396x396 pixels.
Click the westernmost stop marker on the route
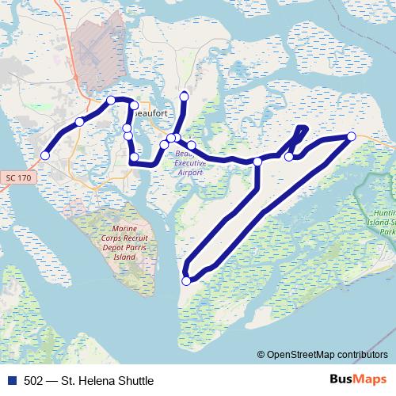pyautogui.click(x=45, y=155)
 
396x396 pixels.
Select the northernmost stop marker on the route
pyautogui.click(x=185, y=97)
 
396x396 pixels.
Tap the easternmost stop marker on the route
pyautogui.click(x=352, y=137)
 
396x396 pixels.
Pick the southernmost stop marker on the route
pyautogui.click(x=187, y=280)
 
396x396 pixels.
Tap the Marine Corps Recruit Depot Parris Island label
pyautogui.click(x=124, y=244)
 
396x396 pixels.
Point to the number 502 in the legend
pyautogui.click(x=34, y=381)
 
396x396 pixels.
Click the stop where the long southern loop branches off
pyautogui.click(x=257, y=162)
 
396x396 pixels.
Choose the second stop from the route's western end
pyautogui.click(x=79, y=121)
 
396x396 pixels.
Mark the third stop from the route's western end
pyautogui.click(x=111, y=100)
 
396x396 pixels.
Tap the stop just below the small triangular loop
pyautogui.click(x=289, y=157)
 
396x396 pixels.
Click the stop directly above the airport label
pyautogui.click(x=191, y=146)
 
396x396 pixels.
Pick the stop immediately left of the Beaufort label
pyautogui.click(x=134, y=105)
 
